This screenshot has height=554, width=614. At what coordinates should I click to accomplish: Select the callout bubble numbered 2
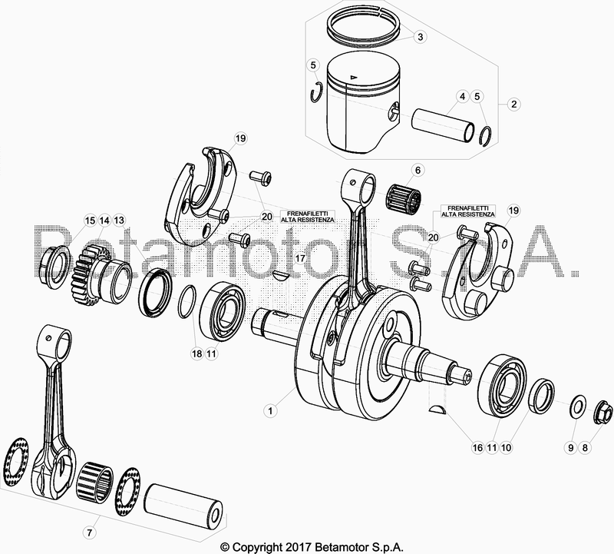tap(513, 104)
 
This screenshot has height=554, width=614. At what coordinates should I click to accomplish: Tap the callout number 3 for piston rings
tap(420, 37)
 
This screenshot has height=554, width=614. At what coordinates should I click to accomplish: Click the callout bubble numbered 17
tap(300, 258)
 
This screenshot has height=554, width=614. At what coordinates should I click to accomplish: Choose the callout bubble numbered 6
tap(418, 170)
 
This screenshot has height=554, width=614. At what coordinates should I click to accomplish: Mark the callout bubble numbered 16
tap(477, 447)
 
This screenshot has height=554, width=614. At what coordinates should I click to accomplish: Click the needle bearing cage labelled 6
tap(404, 197)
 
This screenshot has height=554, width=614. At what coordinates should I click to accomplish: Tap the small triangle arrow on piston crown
tap(354, 77)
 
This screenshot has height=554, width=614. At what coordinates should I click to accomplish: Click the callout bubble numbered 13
tap(119, 221)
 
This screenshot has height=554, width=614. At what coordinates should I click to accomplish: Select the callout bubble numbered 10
tap(506, 447)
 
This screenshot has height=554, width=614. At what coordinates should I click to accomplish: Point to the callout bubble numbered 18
tap(196, 353)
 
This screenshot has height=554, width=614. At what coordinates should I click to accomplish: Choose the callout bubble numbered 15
tap(90, 221)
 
